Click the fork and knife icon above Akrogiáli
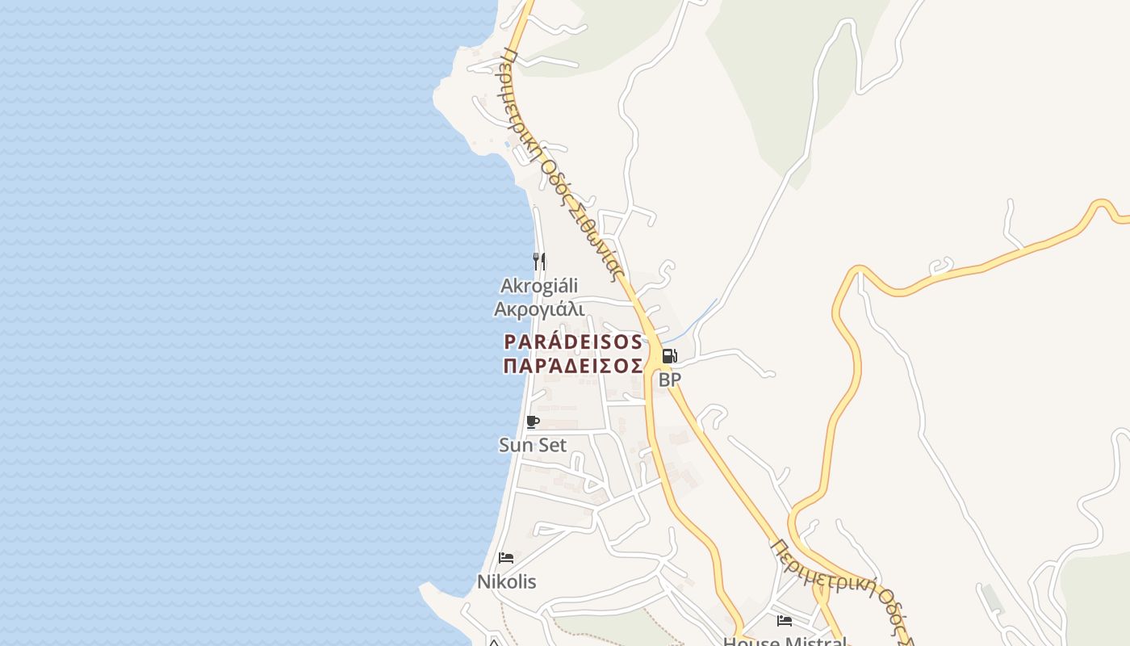click(x=539, y=261)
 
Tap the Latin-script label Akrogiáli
click(x=539, y=286)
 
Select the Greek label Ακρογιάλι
click(x=539, y=309)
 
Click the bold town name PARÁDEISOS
click(x=573, y=342)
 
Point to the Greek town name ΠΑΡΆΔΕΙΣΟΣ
click(x=573, y=366)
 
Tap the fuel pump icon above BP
click(x=669, y=356)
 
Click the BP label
click(x=669, y=380)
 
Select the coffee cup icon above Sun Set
click(x=532, y=422)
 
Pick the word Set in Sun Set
click(x=550, y=445)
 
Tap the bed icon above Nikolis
click(x=506, y=558)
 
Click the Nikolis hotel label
click(x=506, y=581)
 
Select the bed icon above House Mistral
click(x=784, y=621)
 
